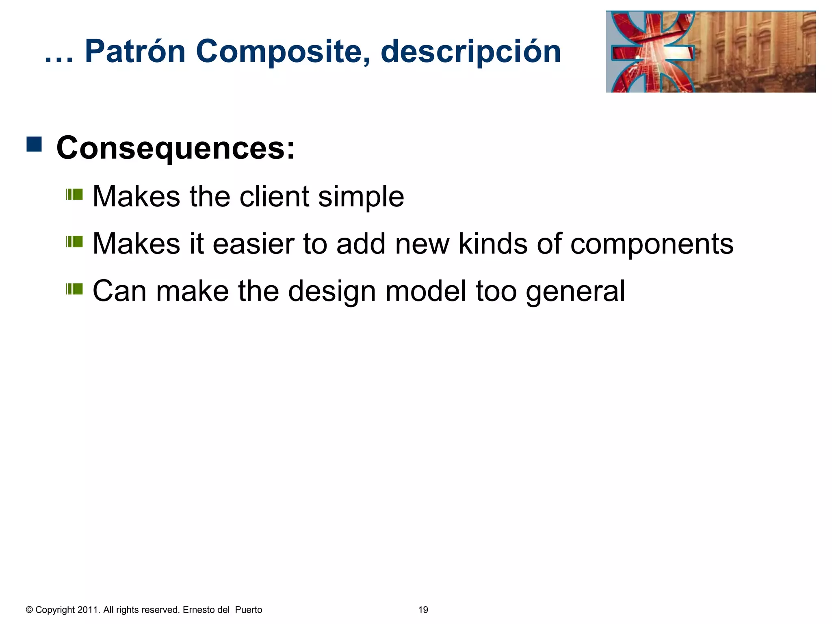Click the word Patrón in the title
pyautogui.click(x=135, y=52)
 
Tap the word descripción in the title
pyautogui.click(x=471, y=52)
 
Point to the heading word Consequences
pyautogui.click(x=175, y=148)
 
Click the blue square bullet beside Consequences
pyautogui.click(x=34, y=144)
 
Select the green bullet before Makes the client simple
pyautogui.click(x=74, y=195)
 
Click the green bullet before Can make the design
pyautogui.click(x=74, y=289)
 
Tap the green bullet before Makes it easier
pyautogui.click(x=74, y=242)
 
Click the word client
pyautogui.click(x=274, y=197)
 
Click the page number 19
pyautogui.click(x=423, y=610)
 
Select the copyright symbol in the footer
pyautogui.click(x=29, y=610)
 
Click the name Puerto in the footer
pyautogui.click(x=249, y=610)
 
